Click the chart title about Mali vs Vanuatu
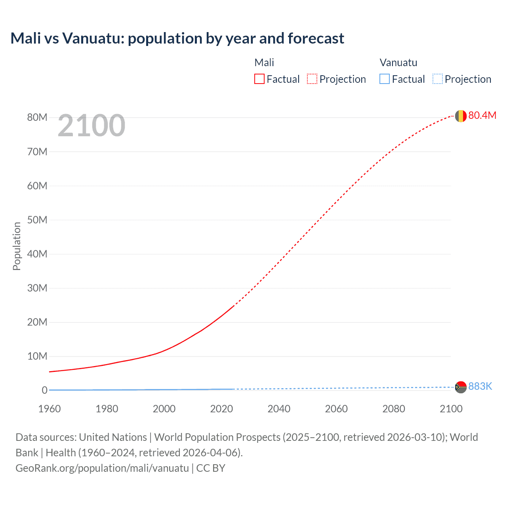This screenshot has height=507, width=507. pos(177,38)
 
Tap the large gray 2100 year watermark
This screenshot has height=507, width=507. pos(91,126)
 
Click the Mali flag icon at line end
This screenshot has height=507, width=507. pos(461,116)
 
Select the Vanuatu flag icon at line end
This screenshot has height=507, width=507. pos(461,387)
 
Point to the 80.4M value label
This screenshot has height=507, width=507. pos(482,115)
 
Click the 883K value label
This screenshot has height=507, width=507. pos(480,386)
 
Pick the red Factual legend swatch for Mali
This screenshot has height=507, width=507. pos(259,79)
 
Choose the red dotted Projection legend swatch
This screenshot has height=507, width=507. pos(312,79)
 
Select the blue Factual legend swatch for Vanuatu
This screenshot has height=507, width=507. pos(385,79)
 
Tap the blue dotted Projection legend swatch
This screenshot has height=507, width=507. pos(437,79)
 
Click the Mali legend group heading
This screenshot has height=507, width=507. pos(264,63)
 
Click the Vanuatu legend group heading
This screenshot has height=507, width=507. pos(398,63)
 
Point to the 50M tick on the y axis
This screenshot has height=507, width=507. pos(37,220)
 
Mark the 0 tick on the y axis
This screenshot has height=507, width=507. pos(44,390)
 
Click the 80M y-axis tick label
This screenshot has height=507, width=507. pos(37,117)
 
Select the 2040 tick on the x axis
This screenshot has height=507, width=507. pos(279,409)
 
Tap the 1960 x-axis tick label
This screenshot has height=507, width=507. pos(50,409)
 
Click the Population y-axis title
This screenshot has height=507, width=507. pos(17,246)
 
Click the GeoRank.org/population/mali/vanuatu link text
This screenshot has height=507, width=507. pos(102,468)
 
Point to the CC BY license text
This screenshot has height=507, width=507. pos(211,468)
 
